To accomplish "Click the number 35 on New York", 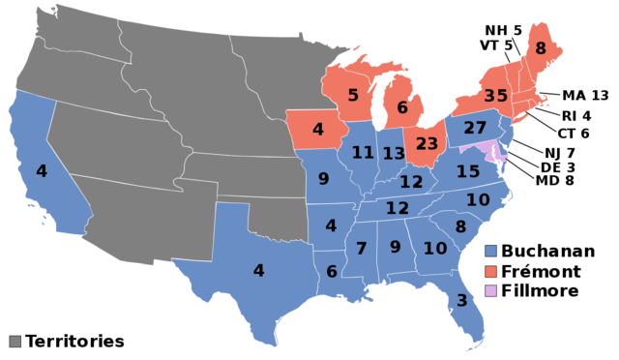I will pyautogui.click(x=495, y=96).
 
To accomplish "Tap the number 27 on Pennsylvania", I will pyautogui.click(x=475, y=128).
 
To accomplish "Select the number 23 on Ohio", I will pyautogui.click(x=427, y=143).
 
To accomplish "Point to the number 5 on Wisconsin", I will pyautogui.click(x=353, y=95).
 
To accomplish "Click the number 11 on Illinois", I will pyautogui.click(x=363, y=153).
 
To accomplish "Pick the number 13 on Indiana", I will pyautogui.click(x=394, y=154).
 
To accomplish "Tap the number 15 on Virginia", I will pyautogui.click(x=468, y=171).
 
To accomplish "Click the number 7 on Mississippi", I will pyautogui.click(x=361, y=249).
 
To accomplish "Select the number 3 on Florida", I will pyautogui.click(x=462, y=301).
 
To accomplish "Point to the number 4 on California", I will pyautogui.click(x=41, y=171).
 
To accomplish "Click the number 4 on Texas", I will pyautogui.click(x=258, y=271).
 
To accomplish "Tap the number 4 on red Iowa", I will pyautogui.click(x=317, y=129).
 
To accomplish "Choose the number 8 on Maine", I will pyautogui.click(x=540, y=48).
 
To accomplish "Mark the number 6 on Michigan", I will pyautogui.click(x=402, y=108).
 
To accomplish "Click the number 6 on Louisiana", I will pyautogui.click(x=331, y=272).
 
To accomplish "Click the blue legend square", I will pyautogui.click(x=490, y=251).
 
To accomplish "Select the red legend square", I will pyautogui.click(x=490, y=271).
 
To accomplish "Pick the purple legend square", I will pyautogui.click(x=490, y=290).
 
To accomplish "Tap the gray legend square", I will pyautogui.click(x=15, y=341).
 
